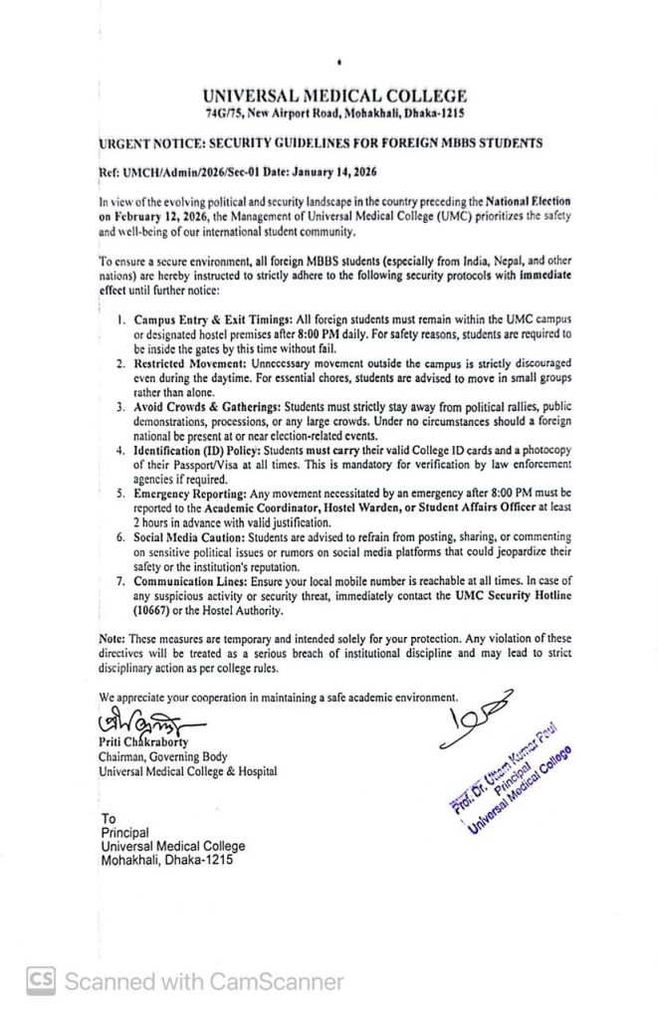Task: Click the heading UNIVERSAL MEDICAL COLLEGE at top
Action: (333, 97)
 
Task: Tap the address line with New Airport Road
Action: (333, 113)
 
